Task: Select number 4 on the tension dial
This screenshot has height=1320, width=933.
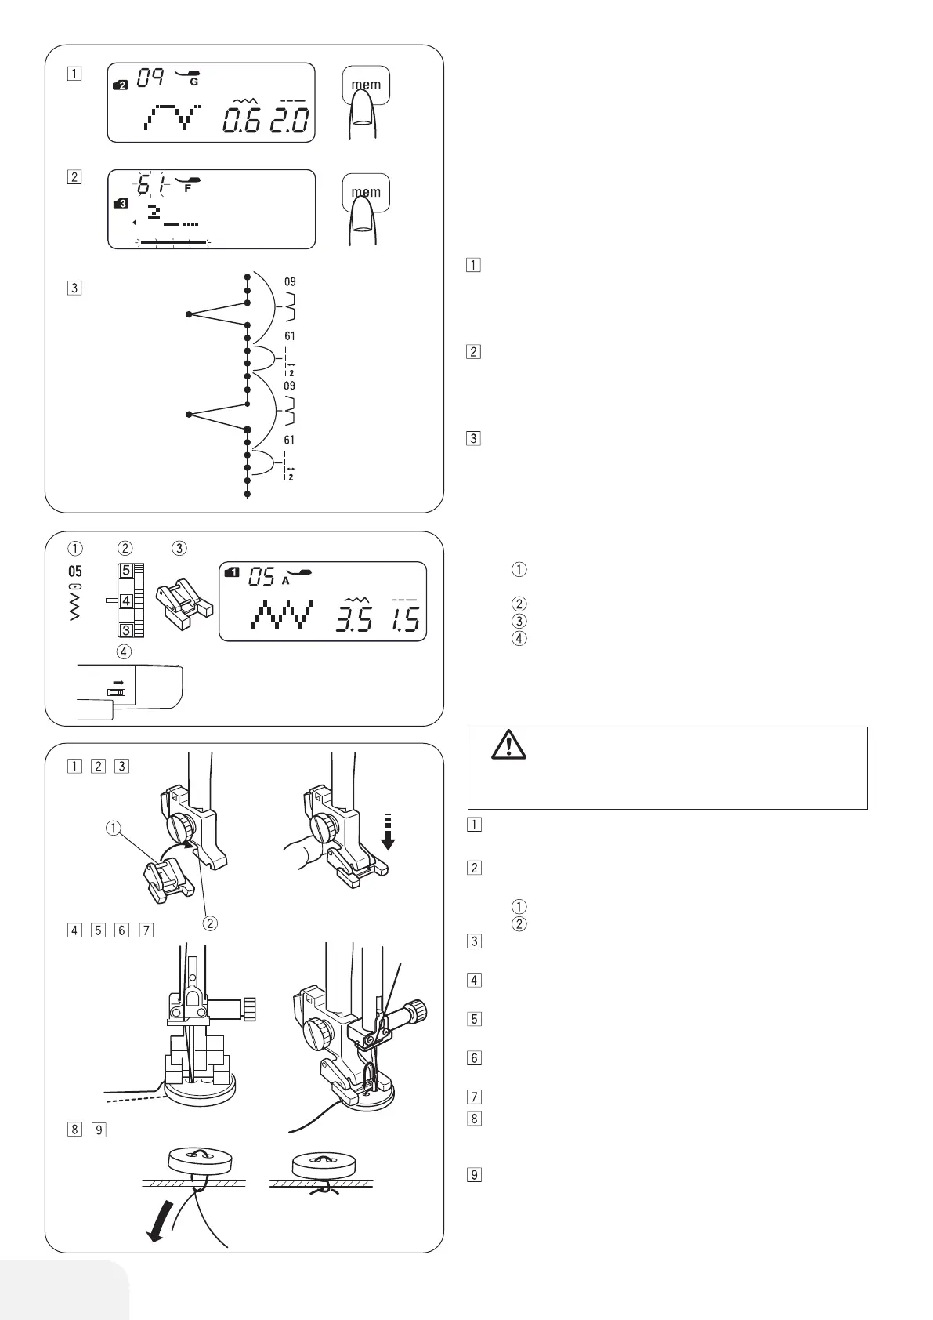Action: [x=125, y=601]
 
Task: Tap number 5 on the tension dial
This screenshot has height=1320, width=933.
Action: [x=125, y=571]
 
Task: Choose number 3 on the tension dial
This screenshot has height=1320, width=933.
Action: [x=125, y=630]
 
